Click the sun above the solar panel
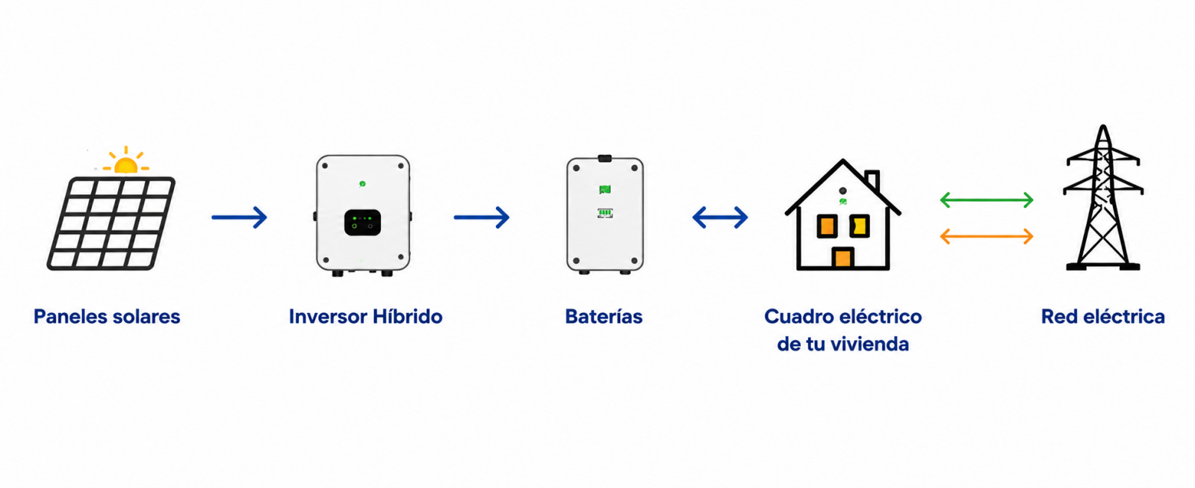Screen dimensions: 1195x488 pos(126,161)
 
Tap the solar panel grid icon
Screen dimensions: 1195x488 pos(111,223)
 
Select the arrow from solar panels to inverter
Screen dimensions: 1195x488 pos(239,217)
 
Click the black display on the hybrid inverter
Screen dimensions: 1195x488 pos(363,222)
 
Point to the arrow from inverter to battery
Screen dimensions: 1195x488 pos(482,217)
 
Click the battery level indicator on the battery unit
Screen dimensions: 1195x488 pos(605,213)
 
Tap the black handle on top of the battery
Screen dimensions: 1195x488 pos(605,158)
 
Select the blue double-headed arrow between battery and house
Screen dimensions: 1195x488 pos(720,217)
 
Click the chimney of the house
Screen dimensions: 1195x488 pos(872,180)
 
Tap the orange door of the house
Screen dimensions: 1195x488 pos(843,257)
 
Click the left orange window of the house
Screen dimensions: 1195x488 pos(827,226)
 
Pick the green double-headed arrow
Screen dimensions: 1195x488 pos(987,200)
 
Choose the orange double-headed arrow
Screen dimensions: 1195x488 pos(987,236)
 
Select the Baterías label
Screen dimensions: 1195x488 pos(604,317)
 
